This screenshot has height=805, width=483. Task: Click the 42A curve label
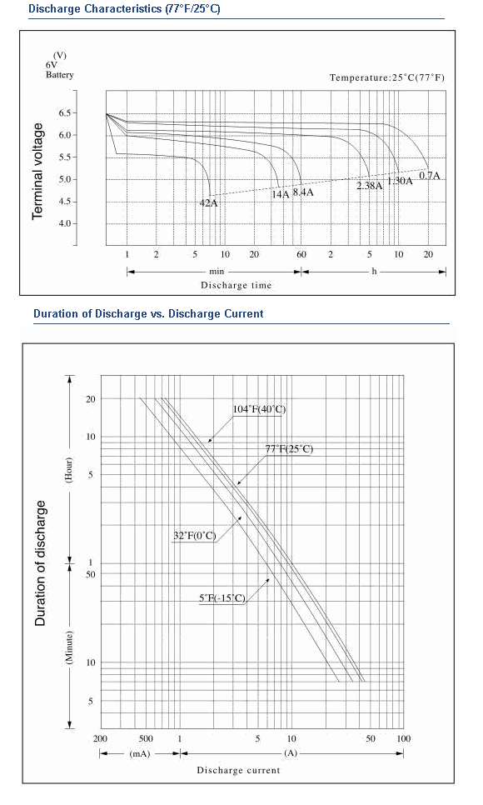tap(208, 203)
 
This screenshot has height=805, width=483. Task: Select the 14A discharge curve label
tap(281, 194)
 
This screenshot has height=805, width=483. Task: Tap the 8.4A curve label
tap(303, 193)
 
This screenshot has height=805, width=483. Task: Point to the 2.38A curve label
tap(370, 186)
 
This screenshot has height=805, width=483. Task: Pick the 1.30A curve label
tap(400, 181)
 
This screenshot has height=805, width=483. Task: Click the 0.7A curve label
tap(430, 176)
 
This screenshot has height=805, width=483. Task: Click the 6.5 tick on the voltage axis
tap(65, 113)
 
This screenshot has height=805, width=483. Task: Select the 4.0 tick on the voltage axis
tap(65, 224)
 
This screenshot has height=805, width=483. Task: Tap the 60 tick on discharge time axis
tap(301, 255)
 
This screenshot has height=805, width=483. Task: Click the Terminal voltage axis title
tap(37, 172)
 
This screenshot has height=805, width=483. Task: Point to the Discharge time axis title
tap(237, 285)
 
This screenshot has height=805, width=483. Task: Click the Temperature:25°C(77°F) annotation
tap(387, 77)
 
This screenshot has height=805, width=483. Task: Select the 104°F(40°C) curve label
tap(259, 409)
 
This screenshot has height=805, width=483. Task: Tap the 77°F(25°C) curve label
tap(289, 448)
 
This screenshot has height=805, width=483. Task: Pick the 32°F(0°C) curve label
tap(195, 536)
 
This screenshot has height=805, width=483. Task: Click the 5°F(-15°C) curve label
tap(222, 598)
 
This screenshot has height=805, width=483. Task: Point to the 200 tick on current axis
tap(100, 739)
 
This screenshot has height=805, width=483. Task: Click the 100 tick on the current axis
tap(403, 739)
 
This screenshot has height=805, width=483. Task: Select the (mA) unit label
tap(140, 753)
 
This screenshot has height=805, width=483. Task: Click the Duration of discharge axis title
tap(41, 563)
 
